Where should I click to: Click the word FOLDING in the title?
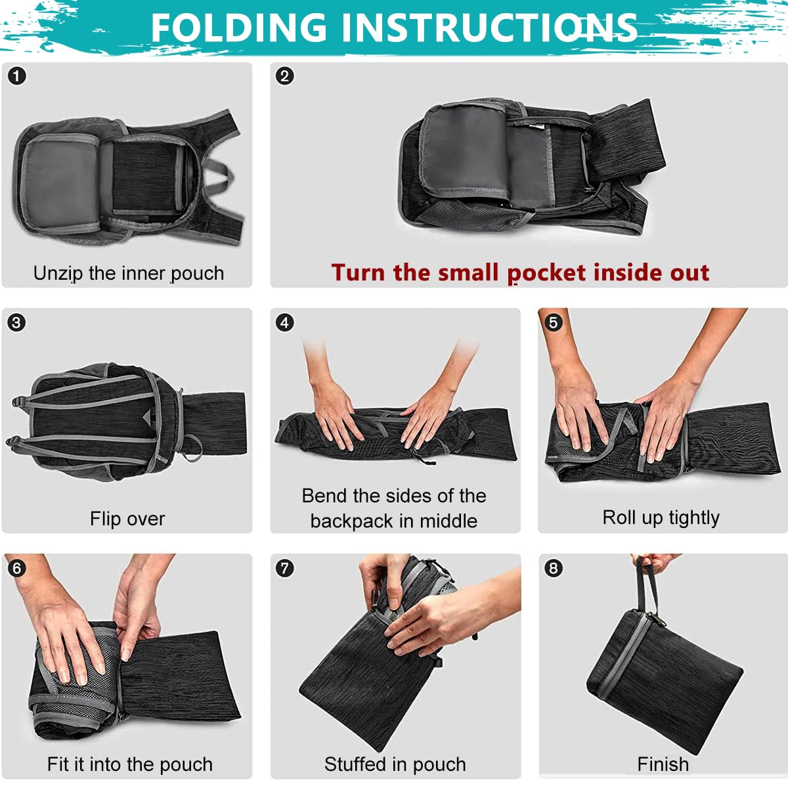click(x=238, y=28)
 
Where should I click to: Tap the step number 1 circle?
click(x=16, y=76)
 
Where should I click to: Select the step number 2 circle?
click(x=284, y=76)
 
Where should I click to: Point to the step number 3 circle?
click(x=16, y=322)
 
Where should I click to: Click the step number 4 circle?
click(x=284, y=322)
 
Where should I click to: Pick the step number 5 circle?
click(x=553, y=322)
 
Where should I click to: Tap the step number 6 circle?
click(x=16, y=568)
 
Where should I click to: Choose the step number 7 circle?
click(x=284, y=568)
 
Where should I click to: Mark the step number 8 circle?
click(x=553, y=568)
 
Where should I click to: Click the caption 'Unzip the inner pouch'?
click(x=129, y=273)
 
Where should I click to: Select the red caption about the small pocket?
click(x=520, y=273)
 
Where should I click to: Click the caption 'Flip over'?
click(x=127, y=519)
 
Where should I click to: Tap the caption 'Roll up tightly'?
click(x=661, y=518)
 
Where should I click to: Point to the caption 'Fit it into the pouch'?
click(x=130, y=764)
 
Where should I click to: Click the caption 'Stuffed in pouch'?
click(x=395, y=764)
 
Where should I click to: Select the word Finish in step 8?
click(x=663, y=764)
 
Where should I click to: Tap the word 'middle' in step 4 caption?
click(x=449, y=521)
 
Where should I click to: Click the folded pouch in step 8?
click(x=663, y=676)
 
